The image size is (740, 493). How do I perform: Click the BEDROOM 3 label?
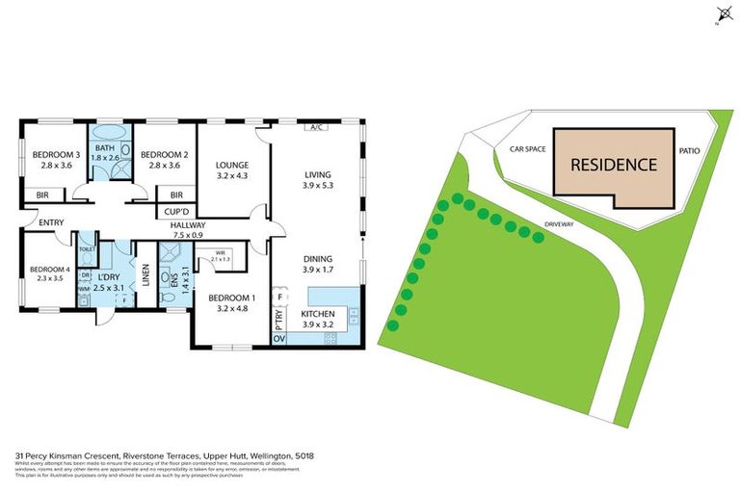coord(55,155)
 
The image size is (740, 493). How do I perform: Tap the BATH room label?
coord(105,146)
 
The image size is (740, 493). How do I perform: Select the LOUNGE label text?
coord(232,165)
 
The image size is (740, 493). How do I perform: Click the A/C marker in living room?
coord(315,127)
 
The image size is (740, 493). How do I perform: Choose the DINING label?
coord(317,259)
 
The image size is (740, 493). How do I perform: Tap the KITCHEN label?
coord(318,314)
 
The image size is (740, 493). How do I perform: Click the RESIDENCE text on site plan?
coord(614,164)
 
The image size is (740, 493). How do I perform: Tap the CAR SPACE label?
coord(527,150)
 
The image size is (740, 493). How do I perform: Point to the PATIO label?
coord(689,150)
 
